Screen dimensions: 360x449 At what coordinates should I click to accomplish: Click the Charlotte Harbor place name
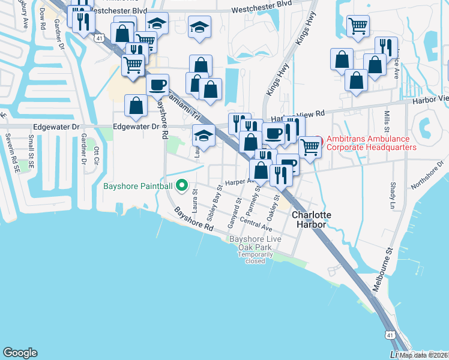point(309,219)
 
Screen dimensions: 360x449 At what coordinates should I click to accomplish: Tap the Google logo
point(20,353)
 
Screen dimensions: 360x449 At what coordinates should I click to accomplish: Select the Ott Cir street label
point(95,155)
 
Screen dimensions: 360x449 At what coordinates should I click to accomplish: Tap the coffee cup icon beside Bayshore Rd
point(157,85)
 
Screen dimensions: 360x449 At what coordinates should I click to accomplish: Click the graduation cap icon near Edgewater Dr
point(203,136)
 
